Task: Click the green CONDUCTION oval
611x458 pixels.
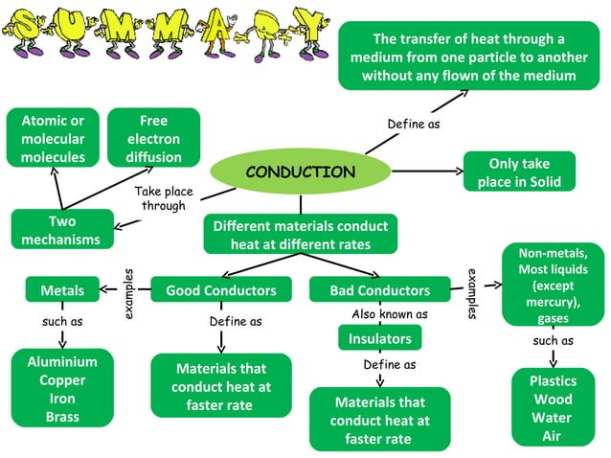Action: click(x=300, y=172)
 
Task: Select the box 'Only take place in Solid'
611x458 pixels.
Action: click(x=519, y=172)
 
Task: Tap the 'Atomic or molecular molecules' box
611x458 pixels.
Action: click(x=52, y=139)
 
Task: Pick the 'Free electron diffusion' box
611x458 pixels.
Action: click(x=153, y=139)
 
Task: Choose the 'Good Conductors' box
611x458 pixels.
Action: click(x=221, y=290)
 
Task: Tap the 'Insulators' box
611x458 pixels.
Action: click(x=380, y=338)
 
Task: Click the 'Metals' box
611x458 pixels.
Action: click(x=62, y=290)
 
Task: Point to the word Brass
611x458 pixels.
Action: click(x=62, y=417)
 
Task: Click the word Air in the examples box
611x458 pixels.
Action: click(x=551, y=436)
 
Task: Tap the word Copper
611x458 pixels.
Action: click(x=62, y=380)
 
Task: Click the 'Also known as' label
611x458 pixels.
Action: click(x=390, y=314)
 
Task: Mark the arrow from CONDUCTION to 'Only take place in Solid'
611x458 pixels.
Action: click(x=426, y=172)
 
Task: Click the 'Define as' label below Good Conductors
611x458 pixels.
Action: click(x=236, y=322)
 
